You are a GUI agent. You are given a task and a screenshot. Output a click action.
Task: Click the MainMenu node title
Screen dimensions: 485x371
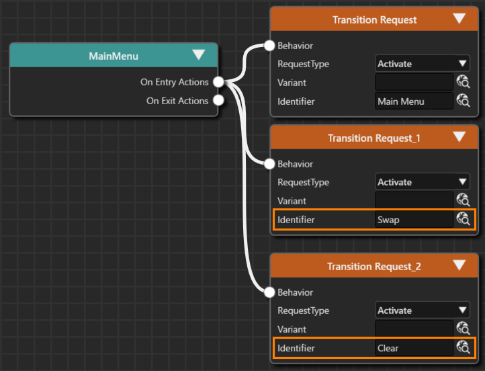point(114,56)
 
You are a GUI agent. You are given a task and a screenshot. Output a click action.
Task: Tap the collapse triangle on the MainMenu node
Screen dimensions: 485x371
point(198,54)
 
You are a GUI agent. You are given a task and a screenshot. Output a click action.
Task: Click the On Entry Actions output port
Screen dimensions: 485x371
point(218,82)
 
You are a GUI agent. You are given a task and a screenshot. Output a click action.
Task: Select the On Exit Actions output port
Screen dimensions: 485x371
point(218,100)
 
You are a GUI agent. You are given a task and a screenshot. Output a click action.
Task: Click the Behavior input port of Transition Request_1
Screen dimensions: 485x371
point(269,164)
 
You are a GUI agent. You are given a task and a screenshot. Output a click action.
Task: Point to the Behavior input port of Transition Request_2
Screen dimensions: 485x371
point(269,292)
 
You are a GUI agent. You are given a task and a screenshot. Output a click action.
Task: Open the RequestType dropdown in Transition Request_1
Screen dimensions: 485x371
point(423,182)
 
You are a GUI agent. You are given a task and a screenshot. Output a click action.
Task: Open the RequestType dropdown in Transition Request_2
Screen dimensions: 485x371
point(423,311)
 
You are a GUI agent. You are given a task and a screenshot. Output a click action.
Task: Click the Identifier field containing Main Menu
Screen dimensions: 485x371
point(414,101)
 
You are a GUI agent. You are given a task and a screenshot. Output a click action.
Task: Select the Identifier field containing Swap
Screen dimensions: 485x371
point(414,219)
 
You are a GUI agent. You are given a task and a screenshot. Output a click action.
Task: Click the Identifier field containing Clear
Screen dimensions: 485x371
point(414,347)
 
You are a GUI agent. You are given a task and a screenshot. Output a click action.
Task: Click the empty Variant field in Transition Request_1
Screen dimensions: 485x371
point(414,200)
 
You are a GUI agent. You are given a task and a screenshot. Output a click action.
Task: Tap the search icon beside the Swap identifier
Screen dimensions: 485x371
point(463,219)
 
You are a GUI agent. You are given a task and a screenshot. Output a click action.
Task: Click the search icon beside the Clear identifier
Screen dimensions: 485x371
point(463,347)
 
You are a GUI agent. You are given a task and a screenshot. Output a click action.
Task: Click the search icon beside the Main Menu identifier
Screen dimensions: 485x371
point(463,101)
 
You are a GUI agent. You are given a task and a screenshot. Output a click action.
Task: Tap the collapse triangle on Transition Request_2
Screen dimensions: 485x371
point(459,265)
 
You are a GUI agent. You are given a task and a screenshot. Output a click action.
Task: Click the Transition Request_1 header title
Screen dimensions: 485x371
point(374,138)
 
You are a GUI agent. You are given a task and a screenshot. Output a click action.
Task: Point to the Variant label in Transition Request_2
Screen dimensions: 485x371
point(292,329)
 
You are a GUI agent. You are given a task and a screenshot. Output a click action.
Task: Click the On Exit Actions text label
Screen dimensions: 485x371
point(177,101)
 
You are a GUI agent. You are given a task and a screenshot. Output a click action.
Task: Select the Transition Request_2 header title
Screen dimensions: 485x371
point(374,266)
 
